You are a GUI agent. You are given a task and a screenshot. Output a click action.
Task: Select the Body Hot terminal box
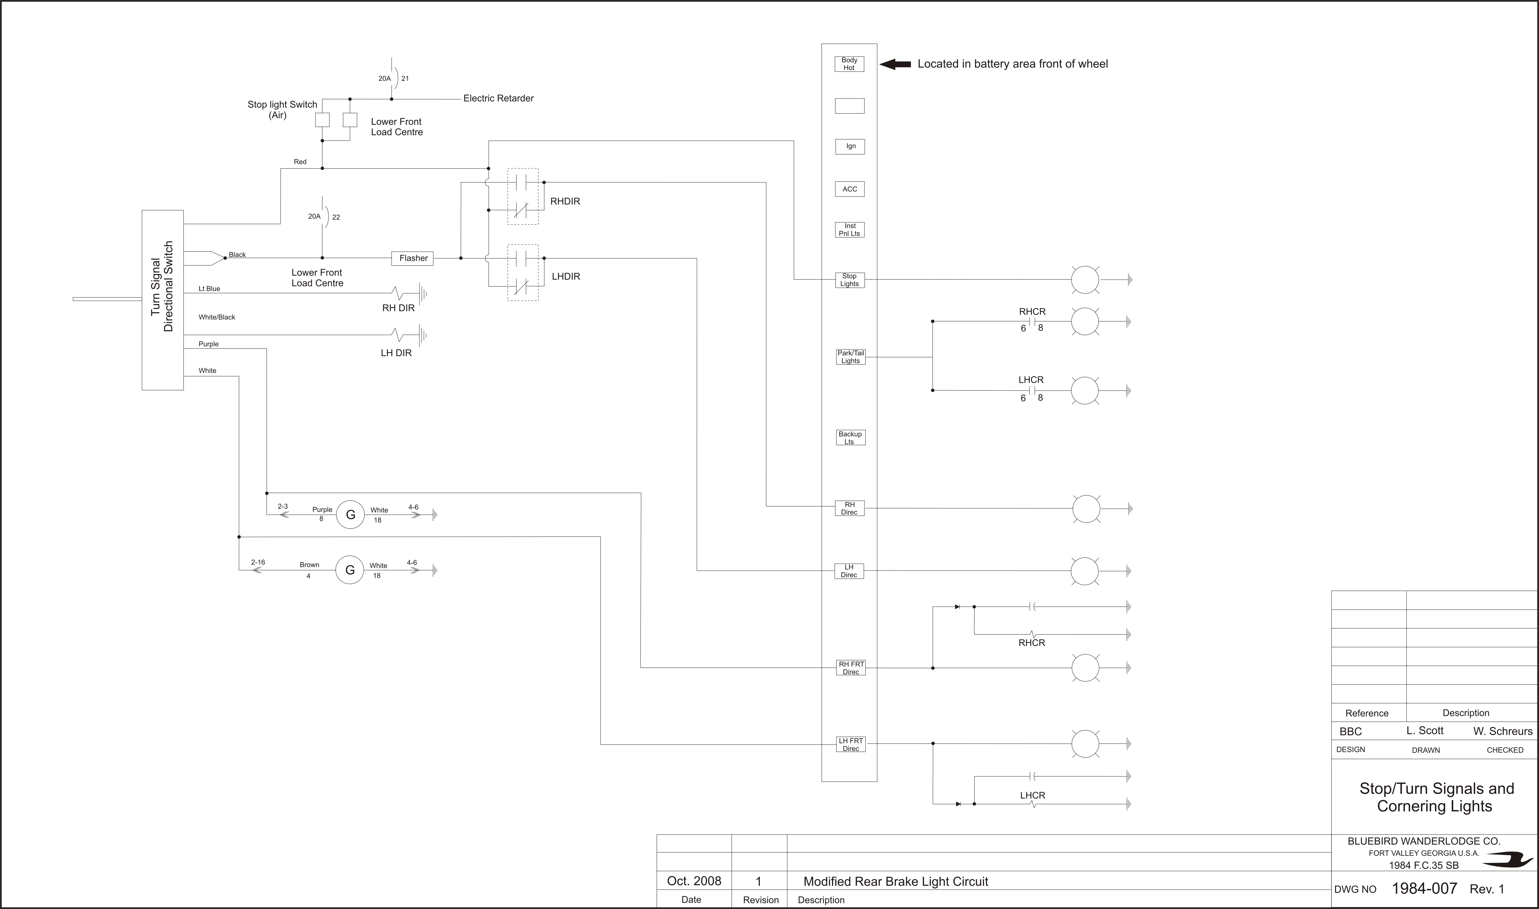pos(849,64)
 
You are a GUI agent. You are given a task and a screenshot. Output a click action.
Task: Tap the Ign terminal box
pos(850,146)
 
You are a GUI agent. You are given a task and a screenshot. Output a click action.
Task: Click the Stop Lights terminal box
pos(850,280)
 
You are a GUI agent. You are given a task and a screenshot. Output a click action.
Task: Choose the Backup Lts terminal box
pos(850,437)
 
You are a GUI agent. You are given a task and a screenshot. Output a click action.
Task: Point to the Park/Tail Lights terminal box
pos(850,357)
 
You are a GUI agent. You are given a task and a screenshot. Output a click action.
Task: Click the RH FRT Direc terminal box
pos(851,668)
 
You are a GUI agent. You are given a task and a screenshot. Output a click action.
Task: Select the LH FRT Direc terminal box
pos(851,744)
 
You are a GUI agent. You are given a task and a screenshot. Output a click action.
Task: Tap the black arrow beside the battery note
pos(895,64)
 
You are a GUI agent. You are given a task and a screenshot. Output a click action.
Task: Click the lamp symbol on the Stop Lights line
pos(1085,280)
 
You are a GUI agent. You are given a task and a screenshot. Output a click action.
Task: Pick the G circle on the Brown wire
pos(350,570)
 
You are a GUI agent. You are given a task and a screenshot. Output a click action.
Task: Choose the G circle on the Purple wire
pos(350,515)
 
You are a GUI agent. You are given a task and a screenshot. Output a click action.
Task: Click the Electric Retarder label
pos(498,98)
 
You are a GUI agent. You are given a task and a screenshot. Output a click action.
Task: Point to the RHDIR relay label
pos(565,201)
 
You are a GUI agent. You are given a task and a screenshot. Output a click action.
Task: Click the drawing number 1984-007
pos(1424,888)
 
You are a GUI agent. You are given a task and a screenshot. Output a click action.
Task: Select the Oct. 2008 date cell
pos(694,881)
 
